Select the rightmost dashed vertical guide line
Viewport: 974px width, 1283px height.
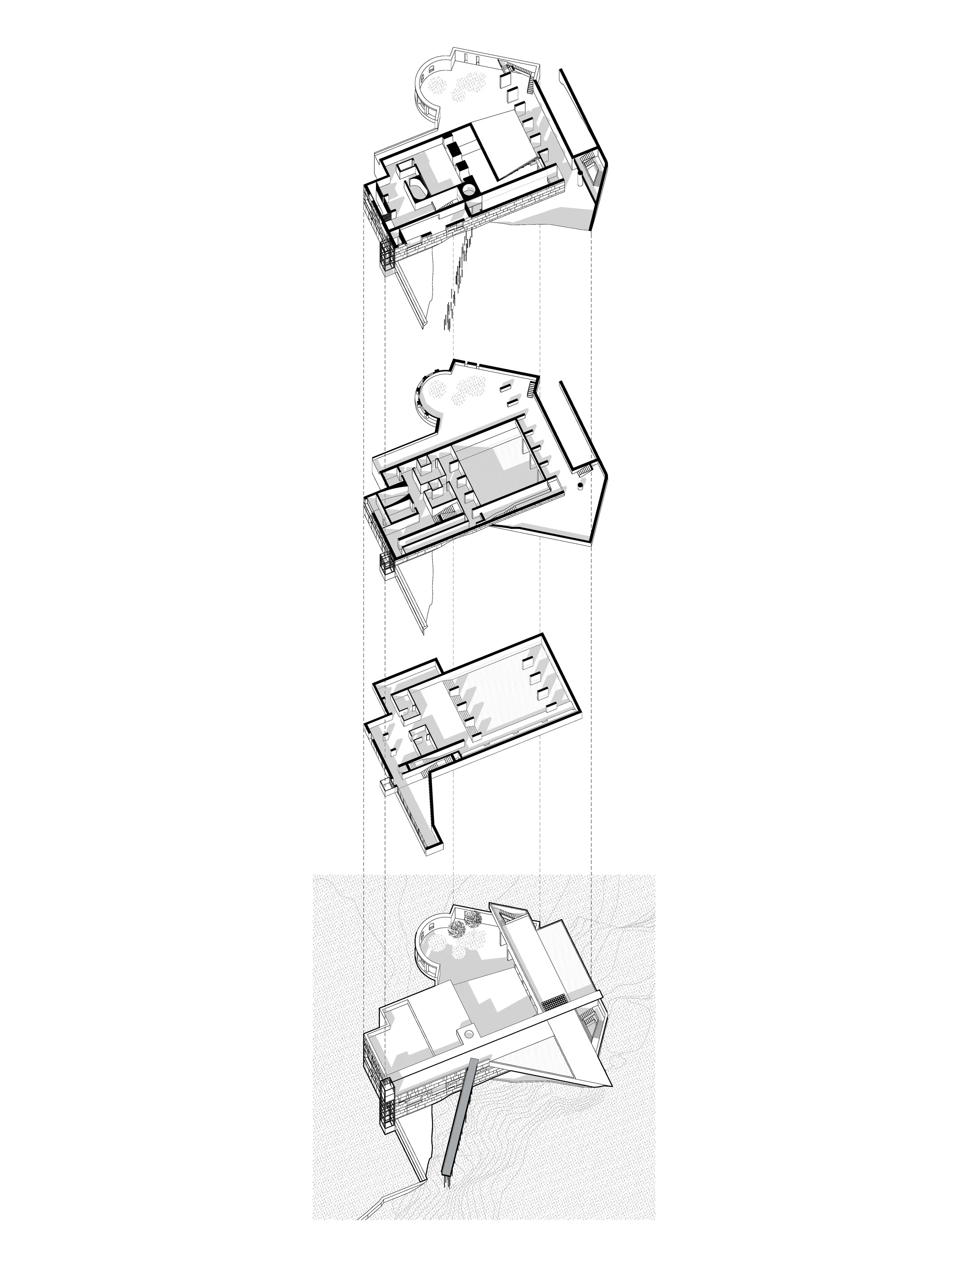pos(591,580)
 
